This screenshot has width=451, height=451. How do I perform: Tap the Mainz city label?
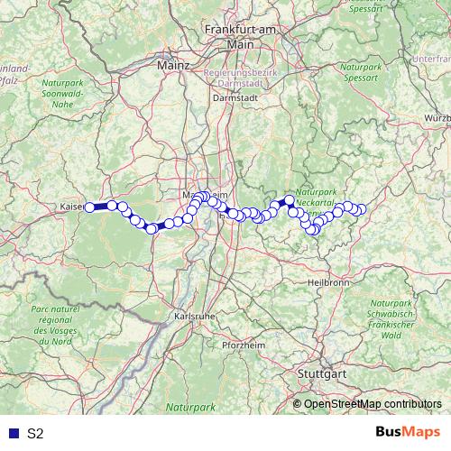tap(173, 66)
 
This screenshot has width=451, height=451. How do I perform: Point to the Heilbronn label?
tap(327, 282)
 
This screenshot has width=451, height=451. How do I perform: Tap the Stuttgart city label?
tap(322, 373)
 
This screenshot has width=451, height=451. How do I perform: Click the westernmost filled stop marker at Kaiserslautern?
tap(89, 207)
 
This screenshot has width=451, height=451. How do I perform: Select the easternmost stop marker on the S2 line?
tap(362, 210)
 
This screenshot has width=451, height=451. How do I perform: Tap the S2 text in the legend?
tap(35, 433)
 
